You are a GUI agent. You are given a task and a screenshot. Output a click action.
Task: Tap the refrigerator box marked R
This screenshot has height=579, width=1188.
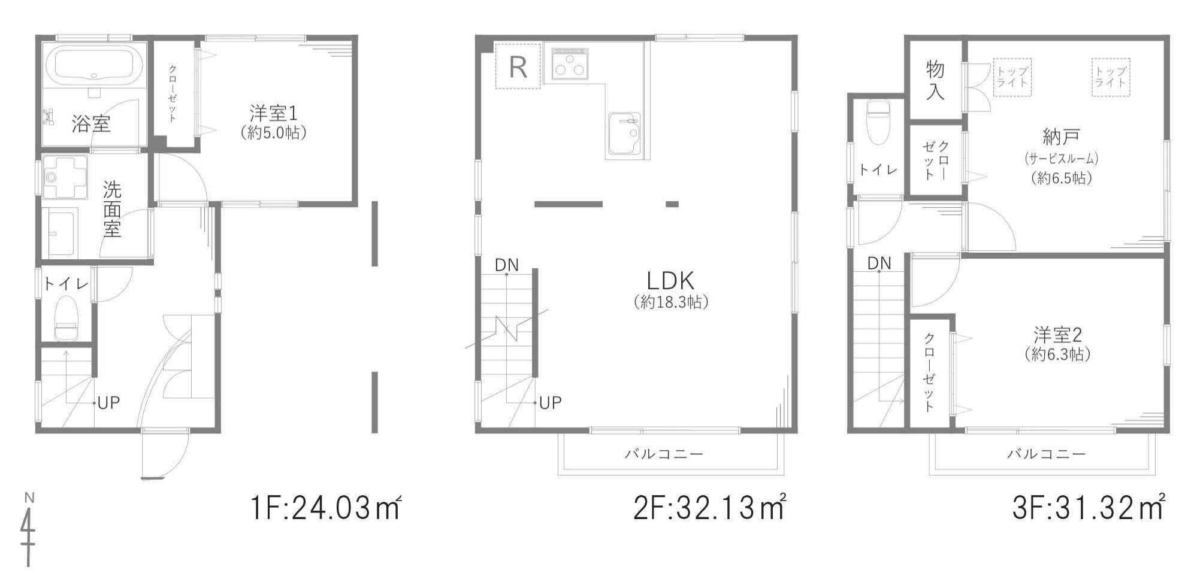point(518,66)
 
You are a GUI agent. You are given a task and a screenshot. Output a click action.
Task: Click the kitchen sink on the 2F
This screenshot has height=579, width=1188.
point(624,133)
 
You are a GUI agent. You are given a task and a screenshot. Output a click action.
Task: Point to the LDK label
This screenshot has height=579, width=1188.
point(670,280)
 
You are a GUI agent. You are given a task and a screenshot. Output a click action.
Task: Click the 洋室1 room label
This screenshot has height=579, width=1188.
point(273,113)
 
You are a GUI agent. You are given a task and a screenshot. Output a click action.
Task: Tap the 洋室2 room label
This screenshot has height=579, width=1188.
point(1057,334)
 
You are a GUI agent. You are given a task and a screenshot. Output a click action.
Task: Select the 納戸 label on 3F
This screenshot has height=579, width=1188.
point(1061,137)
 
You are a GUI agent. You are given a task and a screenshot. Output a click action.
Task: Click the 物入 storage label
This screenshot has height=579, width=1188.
point(935,80)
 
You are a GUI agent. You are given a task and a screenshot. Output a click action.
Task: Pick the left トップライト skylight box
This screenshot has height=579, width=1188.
point(1012,77)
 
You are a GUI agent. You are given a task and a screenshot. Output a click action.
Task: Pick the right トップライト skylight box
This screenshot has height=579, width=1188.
point(1111,77)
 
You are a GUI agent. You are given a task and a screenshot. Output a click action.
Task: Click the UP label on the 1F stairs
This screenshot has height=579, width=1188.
point(108,403)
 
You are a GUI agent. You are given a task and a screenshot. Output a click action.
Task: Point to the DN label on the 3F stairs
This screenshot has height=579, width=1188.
point(879,263)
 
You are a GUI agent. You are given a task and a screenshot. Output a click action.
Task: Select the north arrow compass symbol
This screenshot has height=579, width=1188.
point(28,529)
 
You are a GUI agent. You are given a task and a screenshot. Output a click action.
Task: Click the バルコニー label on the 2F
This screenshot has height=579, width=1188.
point(664,454)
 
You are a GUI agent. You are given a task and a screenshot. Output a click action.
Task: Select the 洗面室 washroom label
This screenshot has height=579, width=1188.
point(112,209)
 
